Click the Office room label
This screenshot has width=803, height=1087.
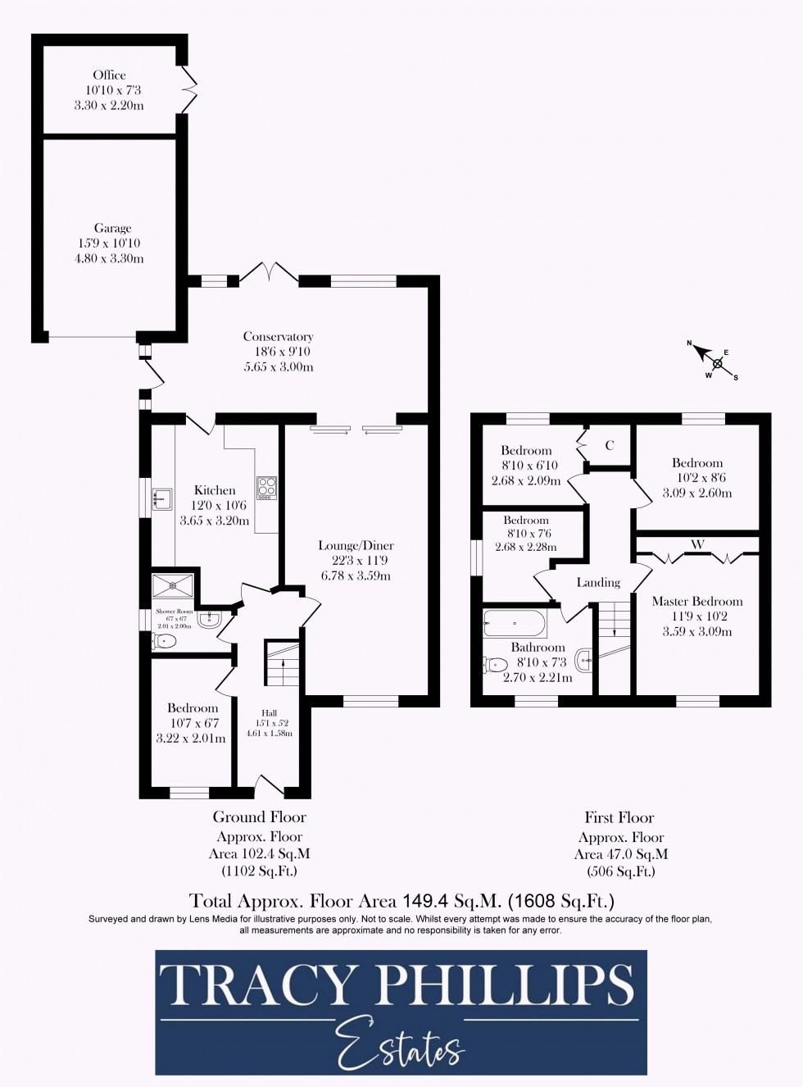[x=109, y=75]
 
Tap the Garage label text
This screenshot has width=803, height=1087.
[x=112, y=229]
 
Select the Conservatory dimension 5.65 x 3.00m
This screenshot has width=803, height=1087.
[x=279, y=367]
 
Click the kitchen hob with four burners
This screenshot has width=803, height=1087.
[x=267, y=488]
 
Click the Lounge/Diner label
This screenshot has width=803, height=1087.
[x=356, y=545]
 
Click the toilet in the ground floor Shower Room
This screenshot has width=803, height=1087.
[x=164, y=642]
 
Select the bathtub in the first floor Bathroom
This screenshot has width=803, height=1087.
[x=514, y=623]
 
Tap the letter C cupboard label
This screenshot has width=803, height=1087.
[x=610, y=446]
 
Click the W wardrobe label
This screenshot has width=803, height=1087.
[x=697, y=544]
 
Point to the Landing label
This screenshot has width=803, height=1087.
[x=598, y=582]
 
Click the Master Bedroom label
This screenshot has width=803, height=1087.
[x=697, y=601]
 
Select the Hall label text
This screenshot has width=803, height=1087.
[x=269, y=713]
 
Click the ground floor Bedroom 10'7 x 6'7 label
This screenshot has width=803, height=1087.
[x=193, y=708]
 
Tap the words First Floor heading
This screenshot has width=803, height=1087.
[x=619, y=817]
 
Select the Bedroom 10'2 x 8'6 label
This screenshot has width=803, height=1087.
[x=697, y=463]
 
